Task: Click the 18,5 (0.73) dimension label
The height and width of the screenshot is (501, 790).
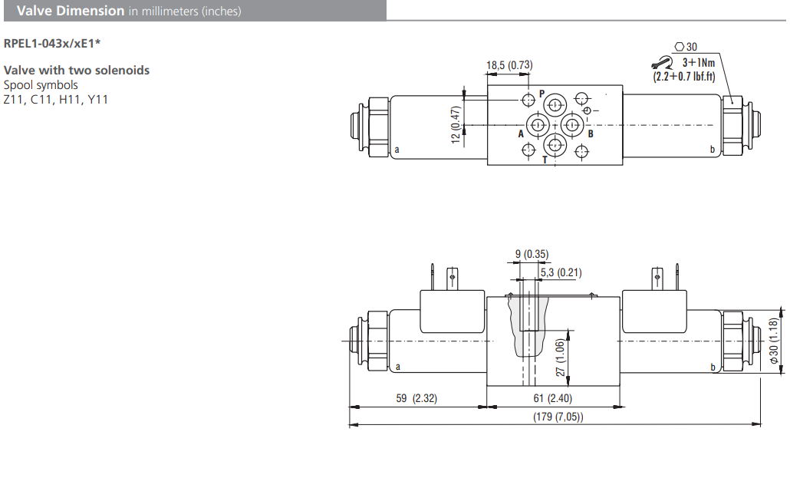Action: [509, 65]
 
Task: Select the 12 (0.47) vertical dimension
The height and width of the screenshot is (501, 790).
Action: [456, 124]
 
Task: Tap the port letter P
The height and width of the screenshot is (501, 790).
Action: [541, 94]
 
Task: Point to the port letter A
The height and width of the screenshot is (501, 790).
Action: [521, 133]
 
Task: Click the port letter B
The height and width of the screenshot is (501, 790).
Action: [590, 133]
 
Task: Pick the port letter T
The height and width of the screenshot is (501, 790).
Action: [545, 160]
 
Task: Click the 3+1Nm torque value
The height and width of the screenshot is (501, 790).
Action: [699, 62]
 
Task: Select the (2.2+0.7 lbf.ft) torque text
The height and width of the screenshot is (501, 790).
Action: [684, 76]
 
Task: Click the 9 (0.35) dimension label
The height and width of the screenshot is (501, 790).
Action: [531, 255]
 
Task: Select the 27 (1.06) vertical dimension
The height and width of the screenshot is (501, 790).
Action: [561, 358]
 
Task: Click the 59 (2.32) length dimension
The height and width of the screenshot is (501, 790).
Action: [417, 398]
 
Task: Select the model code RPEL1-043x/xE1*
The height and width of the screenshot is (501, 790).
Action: [52, 43]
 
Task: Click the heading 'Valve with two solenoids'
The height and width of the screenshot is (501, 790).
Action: [77, 71]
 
